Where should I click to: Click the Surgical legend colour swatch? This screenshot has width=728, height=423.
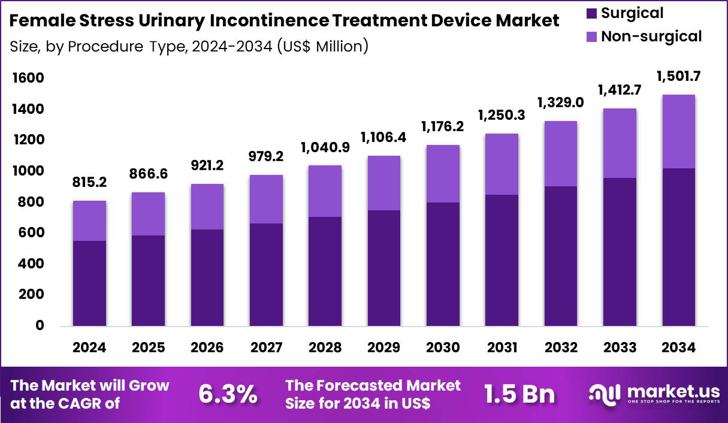[x=590, y=13]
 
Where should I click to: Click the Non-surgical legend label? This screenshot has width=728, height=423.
[x=651, y=37]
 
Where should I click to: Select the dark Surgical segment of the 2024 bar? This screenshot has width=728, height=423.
[x=90, y=283]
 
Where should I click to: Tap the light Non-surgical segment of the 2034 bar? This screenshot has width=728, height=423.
[x=679, y=131]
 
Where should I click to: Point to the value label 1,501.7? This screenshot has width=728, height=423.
[x=679, y=77]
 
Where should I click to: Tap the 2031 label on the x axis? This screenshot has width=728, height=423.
[x=502, y=348]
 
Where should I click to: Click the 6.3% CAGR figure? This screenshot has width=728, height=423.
[x=228, y=394]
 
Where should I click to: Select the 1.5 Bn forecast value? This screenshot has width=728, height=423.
[x=519, y=394]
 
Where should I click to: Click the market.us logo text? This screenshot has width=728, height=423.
[x=673, y=391]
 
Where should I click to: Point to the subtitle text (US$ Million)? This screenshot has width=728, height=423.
[x=323, y=46]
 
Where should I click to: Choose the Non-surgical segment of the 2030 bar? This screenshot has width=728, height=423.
[x=443, y=174]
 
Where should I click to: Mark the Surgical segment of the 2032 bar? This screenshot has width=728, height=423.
[x=561, y=256]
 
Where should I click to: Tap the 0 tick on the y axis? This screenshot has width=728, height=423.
[x=40, y=326]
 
